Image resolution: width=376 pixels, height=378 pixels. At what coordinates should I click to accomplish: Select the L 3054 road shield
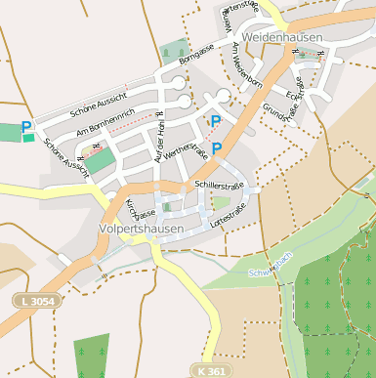click(x=37, y=304)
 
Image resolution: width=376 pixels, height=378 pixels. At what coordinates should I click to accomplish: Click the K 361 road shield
click(x=210, y=371)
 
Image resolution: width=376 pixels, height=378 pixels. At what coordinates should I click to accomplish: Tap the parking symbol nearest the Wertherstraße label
click(x=217, y=147)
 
